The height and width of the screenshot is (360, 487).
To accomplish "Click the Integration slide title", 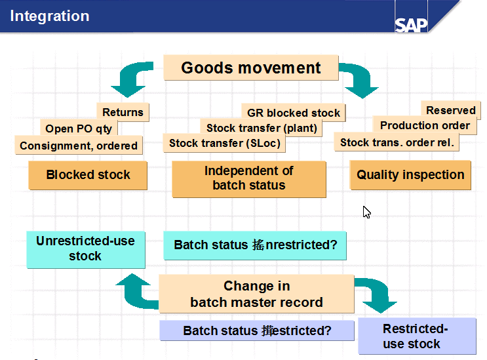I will point(49,16).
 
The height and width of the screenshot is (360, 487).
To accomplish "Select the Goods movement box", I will point(250,68).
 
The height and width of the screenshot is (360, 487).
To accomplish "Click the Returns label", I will point(123,112).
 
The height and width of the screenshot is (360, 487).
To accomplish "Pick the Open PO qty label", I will point(79,129).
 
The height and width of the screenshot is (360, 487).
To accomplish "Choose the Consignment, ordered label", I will point(79,146).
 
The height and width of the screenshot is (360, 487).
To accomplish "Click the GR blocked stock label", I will point(293,113).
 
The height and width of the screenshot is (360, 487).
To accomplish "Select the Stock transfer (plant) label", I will point(262,128).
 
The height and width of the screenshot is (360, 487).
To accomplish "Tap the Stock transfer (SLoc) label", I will point(224,143).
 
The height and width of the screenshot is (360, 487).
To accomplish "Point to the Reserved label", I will point(451,110).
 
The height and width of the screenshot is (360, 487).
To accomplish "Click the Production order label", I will point(425,125).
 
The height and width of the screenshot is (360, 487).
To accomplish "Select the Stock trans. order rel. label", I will point(397,142).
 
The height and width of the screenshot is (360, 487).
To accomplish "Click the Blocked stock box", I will point(88,175).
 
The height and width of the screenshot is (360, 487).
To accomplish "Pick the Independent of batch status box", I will point(249,178).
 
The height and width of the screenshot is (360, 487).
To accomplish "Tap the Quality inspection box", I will point(410,175).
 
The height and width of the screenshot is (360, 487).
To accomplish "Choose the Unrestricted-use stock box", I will point(85,249).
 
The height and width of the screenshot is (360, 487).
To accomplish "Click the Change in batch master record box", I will point(256,294).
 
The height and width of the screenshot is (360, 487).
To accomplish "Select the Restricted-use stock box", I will point(416,336).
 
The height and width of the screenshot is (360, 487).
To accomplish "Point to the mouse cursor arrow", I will point(366,212).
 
